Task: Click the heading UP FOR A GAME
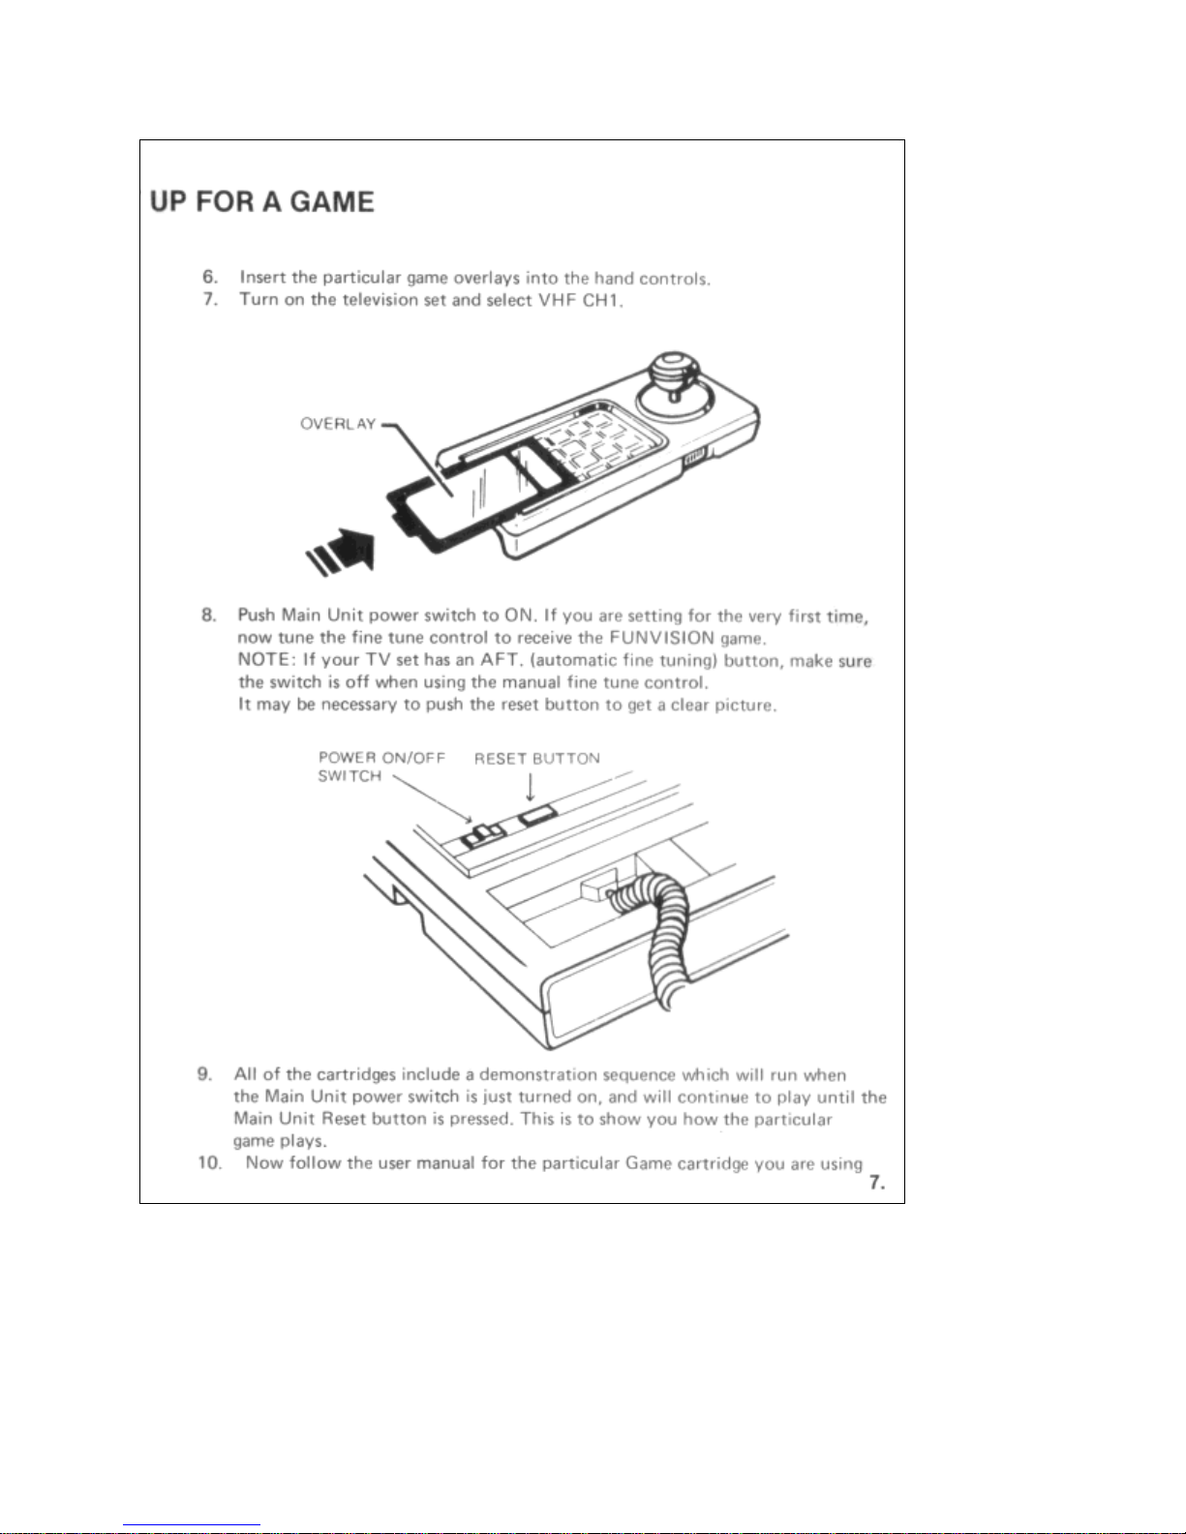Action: [261, 202]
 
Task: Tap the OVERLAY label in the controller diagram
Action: [338, 424]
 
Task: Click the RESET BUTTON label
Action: [536, 759]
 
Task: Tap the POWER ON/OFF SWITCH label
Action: [381, 767]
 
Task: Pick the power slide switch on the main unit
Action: [481, 834]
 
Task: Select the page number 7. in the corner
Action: [876, 1182]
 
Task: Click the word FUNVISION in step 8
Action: [661, 638]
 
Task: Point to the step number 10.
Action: [209, 1162]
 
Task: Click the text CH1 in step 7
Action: [601, 300]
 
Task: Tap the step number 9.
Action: [205, 1074]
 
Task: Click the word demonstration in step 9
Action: [538, 1074]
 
